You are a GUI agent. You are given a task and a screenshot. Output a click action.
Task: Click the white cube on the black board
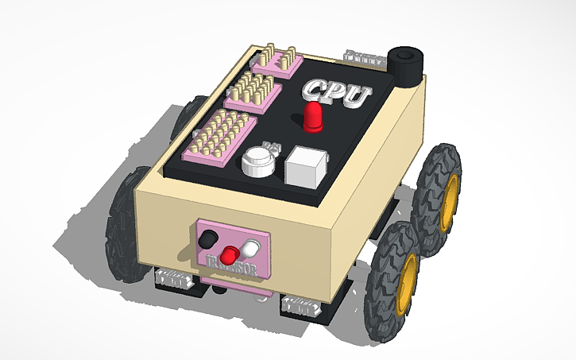[x=307, y=166]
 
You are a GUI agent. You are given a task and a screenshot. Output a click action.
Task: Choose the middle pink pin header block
[x=253, y=91]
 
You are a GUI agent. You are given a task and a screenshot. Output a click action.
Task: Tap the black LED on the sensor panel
[x=209, y=238]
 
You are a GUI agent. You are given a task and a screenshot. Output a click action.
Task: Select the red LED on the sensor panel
[x=230, y=254]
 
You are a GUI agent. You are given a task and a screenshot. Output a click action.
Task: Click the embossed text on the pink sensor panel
[x=229, y=265]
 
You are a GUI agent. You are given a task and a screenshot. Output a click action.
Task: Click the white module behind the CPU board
[x=362, y=57]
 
